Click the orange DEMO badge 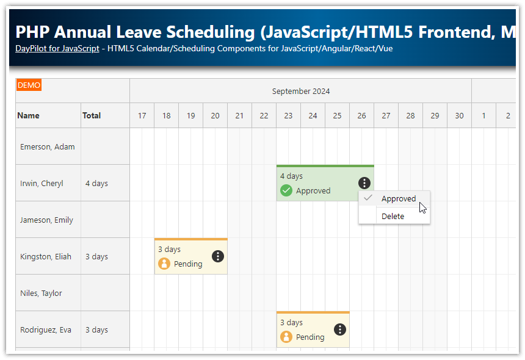click(29, 85)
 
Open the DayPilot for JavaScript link click(57, 48)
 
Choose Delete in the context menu click(393, 216)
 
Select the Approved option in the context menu click(398, 198)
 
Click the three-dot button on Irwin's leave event click(364, 182)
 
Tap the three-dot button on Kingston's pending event click(218, 256)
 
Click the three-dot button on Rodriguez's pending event click(340, 329)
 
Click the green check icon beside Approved click(286, 190)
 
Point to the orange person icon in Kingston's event click(164, 264)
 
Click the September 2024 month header click(301, 92)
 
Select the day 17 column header click(142, 116)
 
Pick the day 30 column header click(459, 116)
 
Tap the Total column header click(92, 115)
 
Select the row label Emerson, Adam click(47, 146)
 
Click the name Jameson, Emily click(46, 220)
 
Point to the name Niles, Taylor click(41, 293)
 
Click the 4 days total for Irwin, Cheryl click(96, 183)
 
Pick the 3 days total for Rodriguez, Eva click(96, 329)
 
